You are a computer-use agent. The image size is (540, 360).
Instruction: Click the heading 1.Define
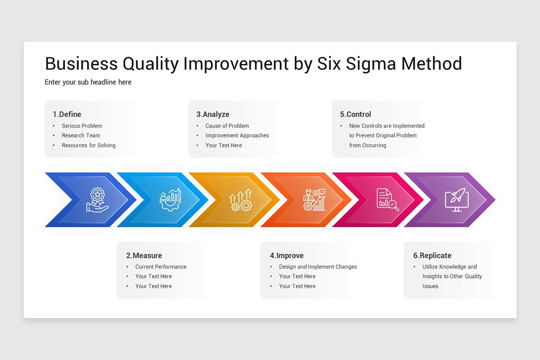[67, 114]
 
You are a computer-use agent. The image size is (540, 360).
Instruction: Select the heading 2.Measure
[144, 255]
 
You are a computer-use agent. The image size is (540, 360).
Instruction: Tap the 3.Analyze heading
[212, 114]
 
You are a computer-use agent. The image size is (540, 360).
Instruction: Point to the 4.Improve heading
[287, 255]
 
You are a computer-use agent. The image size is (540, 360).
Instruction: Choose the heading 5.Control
[355, 114]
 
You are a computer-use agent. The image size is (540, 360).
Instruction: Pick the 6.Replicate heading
[432, 255]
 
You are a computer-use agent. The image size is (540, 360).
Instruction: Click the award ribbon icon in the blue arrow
[97, 200]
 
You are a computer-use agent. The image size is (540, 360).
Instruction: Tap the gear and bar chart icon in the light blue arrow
[171, 200]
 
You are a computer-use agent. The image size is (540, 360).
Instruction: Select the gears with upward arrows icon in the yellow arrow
[240, 200]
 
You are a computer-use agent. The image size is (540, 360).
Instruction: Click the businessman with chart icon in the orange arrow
[315, 200]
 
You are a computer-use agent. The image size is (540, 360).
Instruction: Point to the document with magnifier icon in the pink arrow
[388, 200]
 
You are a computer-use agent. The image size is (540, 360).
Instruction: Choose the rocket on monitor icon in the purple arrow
[457, 200]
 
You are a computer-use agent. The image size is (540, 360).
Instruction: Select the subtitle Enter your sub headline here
[88, 82]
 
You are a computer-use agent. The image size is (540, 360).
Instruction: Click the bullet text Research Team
[81, 135]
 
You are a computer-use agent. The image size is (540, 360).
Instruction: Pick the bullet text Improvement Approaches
[237, 135]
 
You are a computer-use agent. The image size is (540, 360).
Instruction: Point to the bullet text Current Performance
[161, 267]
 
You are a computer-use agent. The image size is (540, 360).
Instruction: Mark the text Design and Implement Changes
[318, 267]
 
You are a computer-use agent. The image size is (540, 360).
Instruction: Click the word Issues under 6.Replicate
[430, 286]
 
